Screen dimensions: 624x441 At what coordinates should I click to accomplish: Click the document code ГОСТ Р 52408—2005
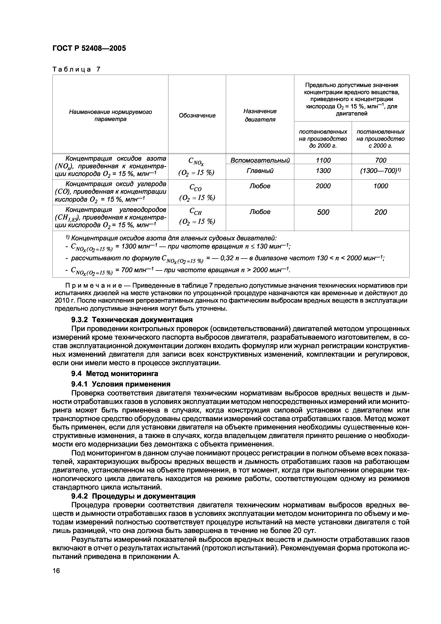coord(89,48)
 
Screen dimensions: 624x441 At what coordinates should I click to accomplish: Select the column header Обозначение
coord(197,115)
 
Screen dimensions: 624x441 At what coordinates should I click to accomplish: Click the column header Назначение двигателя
coord(260,115)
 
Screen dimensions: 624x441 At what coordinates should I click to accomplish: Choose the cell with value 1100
coord(323,160)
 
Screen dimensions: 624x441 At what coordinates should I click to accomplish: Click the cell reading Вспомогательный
coord(260,160)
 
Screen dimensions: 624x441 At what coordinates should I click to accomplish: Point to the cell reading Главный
coord(260,171)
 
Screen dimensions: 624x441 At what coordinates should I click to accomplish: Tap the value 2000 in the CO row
coord(323,186)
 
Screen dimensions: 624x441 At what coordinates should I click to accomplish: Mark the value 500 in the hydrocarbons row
coord(323,212)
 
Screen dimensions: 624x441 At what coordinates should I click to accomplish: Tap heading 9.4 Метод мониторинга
coord(114,374)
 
